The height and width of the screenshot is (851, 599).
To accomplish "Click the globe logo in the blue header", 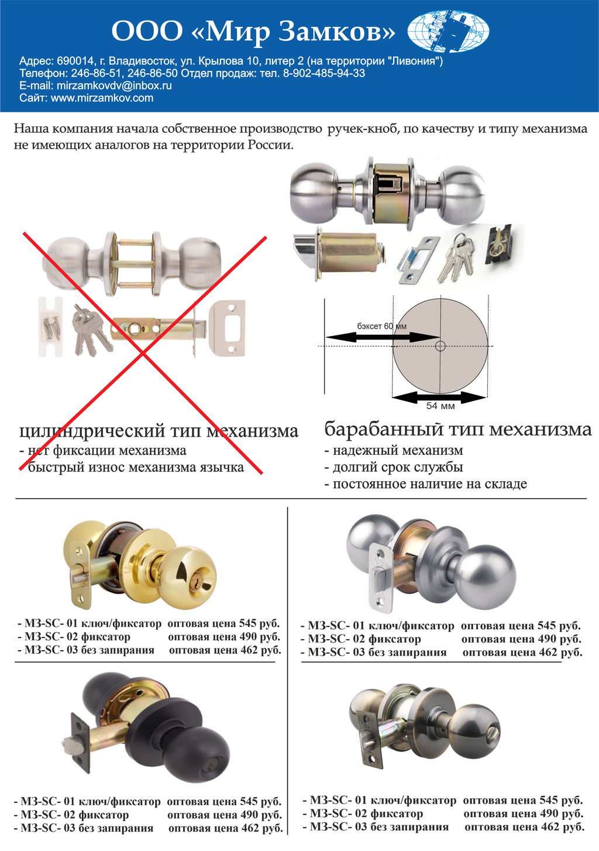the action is click(448, 31).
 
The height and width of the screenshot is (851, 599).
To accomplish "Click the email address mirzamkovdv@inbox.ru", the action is click(114, 85).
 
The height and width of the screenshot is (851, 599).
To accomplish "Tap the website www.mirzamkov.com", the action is click(102, 98).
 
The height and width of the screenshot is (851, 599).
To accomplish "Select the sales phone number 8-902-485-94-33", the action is click(324, 73).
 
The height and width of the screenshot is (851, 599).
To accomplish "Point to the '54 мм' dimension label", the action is click(440, 406).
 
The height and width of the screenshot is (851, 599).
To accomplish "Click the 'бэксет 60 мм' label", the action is click(381, 326).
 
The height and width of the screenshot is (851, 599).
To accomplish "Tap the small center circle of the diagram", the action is click(440, 346).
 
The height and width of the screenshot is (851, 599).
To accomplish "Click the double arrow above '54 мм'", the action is click(439, 397).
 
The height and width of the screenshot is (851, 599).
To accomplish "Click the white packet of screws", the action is click(50, 327).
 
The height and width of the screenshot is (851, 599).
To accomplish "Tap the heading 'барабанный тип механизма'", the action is click(458, 429).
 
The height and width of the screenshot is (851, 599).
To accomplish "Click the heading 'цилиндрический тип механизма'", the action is click(159, 431).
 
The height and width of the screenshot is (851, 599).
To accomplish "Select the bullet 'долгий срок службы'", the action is click(394, 467).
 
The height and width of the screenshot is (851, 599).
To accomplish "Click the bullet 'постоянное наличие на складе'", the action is click(425, 483).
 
